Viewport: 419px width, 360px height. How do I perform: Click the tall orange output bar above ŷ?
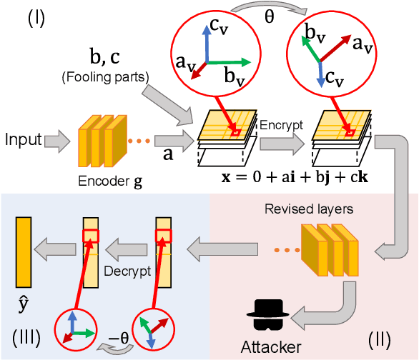tap(23, 254)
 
